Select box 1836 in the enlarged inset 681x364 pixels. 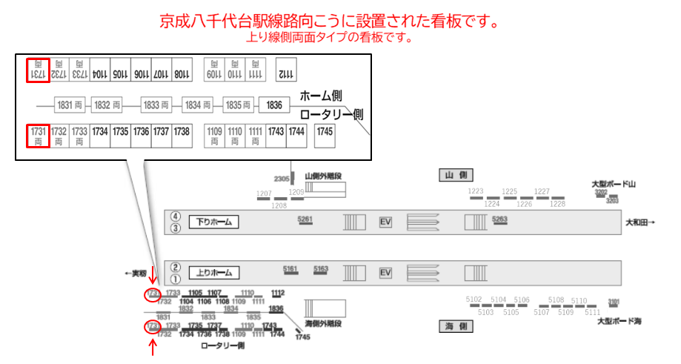coord(274,105)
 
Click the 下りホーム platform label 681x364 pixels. coord(213,222)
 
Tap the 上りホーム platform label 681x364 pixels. coord(213,273)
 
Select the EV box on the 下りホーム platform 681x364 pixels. coord(385,222)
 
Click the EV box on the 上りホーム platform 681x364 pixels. coord(385,273)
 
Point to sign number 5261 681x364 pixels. coord(305,219)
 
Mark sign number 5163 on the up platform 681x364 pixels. coord(321,269)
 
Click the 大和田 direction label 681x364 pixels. coord(640,222)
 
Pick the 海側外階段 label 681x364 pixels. coord(323,324)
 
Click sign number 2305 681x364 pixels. coord(282,179)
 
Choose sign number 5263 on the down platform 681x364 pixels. coord(499,219)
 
